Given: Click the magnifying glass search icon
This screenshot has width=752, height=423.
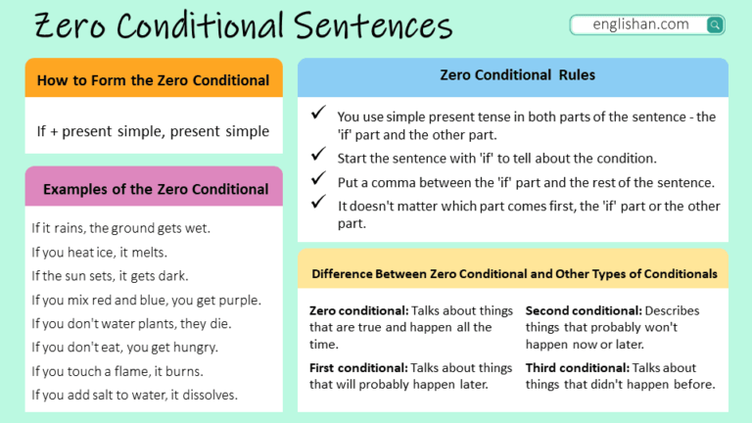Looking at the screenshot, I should point(715,24).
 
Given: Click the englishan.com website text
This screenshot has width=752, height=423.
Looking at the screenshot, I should point(640,24).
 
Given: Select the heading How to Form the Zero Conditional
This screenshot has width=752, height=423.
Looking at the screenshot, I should point(153,79).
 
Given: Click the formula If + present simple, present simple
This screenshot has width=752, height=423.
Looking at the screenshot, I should point(153,130).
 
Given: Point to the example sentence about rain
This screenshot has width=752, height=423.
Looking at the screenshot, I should point(121,228).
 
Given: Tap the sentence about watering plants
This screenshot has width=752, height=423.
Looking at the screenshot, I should point(131,323).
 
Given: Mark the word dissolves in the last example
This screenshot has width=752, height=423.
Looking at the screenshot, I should point(210,396).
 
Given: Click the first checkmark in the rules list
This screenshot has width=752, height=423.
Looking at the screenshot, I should point(318,115).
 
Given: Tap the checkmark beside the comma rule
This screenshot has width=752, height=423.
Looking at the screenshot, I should point(318,180).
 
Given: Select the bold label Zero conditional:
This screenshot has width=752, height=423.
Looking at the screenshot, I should point(358,311).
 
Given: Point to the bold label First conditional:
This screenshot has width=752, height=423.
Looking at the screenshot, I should point(358,368).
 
